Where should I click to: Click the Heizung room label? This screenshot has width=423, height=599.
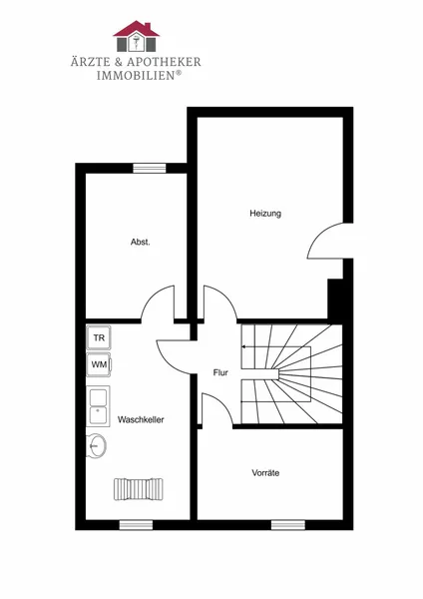pos(265,214)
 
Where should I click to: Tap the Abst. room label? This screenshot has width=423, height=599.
pos(140,242)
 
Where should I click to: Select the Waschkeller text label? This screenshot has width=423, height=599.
pos(141,419)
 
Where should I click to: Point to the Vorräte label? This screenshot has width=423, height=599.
pos(265,473)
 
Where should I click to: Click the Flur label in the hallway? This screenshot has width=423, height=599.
pos(220,372)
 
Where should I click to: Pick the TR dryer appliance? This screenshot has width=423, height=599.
pos(99,337)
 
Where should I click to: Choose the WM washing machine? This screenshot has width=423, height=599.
pos(99,364)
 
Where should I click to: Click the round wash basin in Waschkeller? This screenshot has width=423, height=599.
pos(96,445)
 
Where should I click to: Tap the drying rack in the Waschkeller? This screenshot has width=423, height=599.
pos(139,489)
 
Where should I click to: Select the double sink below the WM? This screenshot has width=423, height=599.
pos(98,406)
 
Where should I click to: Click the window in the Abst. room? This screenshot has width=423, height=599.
pos(150,168)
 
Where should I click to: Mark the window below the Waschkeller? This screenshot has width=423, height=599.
pos(136,525)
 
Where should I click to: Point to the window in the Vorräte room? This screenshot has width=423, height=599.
pos(288,525)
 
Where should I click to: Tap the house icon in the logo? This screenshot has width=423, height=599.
pos(137,36)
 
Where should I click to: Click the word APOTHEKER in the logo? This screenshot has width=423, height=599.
pos(165,62)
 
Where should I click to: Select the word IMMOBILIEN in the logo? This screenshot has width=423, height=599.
pos(136,75)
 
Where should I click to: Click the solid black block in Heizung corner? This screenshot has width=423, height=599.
pos(335,299)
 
